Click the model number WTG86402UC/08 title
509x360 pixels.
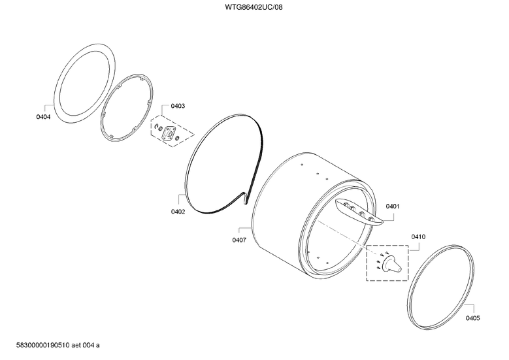click(x=254, y=7)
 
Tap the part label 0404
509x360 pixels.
click(x=43, y=117)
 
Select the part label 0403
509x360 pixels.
click(x=178, y=106)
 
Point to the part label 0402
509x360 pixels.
click(x=178, y=212)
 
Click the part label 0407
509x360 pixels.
click(x=239, y=240)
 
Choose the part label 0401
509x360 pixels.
click(x=393, y=206)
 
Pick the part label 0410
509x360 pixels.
click(x=418, y=237)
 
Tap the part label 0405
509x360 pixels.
click(x=473, y=318)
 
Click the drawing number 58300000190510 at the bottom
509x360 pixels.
click(x=43, y=345)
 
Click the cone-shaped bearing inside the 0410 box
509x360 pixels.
click(x=391, y=263)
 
